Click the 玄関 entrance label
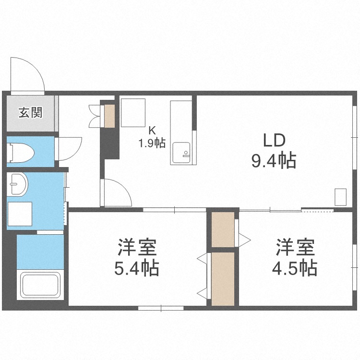tap(31, 113)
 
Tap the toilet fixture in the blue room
tap(20, 153)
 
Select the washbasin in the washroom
tap(17, 185)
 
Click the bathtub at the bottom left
tap(40, 285)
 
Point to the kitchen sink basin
tap(181, 153)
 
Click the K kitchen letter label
tap(152, 131)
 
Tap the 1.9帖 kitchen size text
tap(152, 143)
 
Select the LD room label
tap(274, 140)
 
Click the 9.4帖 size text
tap(274, 161)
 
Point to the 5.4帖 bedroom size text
tap(137, 268)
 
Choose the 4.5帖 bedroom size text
tap(295, 268)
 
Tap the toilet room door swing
tap(76, 152)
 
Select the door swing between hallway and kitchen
tap(123, 188)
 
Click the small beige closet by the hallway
tap(109, 116)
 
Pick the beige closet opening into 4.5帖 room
tap(223, 229)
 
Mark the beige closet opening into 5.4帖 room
tap(223, 279)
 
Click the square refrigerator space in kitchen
tap(133, 113)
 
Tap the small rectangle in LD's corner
tap(340, 197)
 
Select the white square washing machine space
tap(20, 214)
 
